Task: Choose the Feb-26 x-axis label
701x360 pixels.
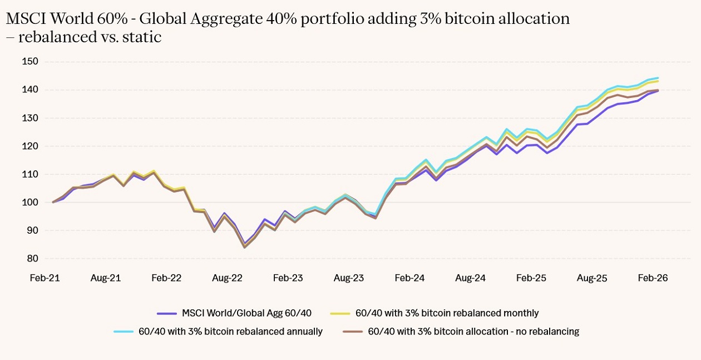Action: (653, 278)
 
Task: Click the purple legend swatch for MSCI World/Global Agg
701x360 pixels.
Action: (167, 313)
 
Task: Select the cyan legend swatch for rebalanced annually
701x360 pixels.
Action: (124, 332)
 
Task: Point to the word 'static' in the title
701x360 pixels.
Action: (145, 38)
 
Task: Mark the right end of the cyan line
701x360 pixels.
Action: (658, 78)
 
